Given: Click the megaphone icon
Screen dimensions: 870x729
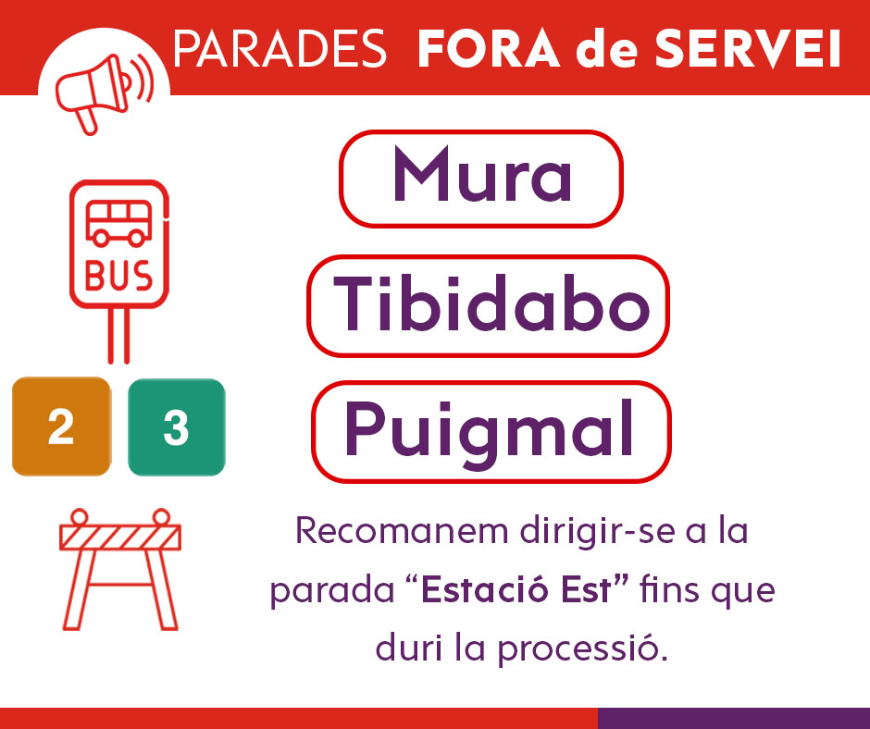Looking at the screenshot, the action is pos(104,93).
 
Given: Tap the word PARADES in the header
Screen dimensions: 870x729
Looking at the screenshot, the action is pos(280,49).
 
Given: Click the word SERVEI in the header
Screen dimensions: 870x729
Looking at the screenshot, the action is pos(748,49).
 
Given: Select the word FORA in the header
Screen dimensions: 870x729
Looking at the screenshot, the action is pos(489,49).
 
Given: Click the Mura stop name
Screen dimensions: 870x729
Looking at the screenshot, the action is pos(481,175).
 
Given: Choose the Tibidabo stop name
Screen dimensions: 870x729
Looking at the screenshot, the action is pos(491,303).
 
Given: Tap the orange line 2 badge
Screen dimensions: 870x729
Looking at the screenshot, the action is pos(61,426).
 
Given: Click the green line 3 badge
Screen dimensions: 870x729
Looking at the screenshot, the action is pos(177,426).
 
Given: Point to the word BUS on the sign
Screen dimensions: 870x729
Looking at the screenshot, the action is pos(118,276).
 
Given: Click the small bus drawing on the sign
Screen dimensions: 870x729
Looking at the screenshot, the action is pos(118,223).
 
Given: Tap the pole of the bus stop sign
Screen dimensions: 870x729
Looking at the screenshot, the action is pos(118,336).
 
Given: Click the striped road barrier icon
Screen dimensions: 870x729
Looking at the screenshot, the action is pos(119,569).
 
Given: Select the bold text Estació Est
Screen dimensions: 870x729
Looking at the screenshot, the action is pos(516,589).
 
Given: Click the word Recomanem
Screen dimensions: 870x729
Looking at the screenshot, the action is pos(402,530).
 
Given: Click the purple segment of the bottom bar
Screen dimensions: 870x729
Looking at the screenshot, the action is pos(734,719).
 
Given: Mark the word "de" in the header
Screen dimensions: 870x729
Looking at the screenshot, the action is pos(607,49).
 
